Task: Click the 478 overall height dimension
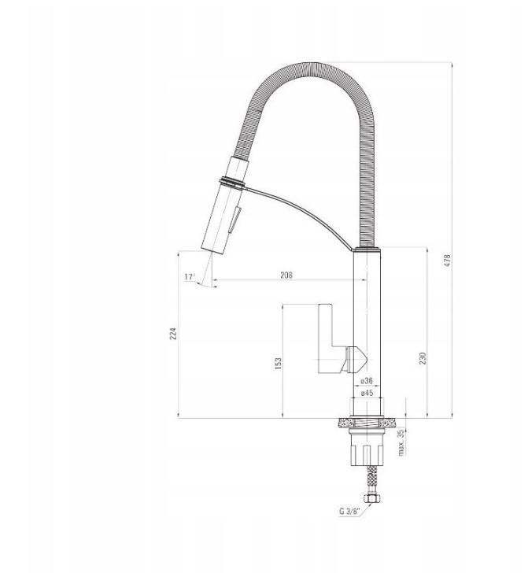tap(448, 261)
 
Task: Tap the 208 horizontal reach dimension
tap(286, 275)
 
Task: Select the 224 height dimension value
tap(173, 334)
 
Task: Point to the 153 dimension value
tap(279, 363)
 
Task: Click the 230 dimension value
tap(423, 358)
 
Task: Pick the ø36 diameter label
tap(367, 380)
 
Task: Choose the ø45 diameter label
tap(367, 393)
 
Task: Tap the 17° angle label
tap(190, 277)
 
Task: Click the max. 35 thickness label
tap(401, 442)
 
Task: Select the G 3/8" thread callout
tap(349, 511)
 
